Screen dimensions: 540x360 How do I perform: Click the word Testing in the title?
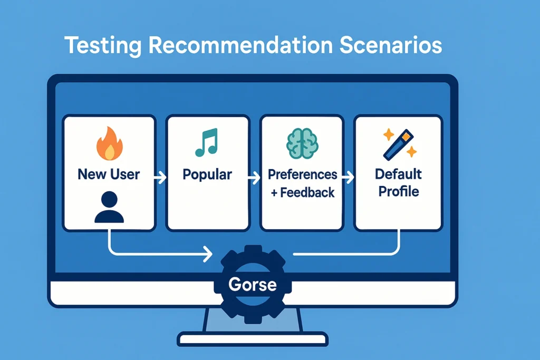103,45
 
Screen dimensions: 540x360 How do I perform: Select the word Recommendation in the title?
240,45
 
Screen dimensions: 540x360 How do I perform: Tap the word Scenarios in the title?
391,45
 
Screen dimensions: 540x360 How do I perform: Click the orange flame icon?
110,143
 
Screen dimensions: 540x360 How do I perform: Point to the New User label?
109,174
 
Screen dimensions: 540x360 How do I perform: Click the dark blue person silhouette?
109,207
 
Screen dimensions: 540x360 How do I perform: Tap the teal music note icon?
207,142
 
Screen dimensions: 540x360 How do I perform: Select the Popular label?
207,175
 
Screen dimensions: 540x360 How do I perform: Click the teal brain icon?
302,143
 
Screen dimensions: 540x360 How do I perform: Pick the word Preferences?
302,174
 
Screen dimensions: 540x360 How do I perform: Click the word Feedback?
307,192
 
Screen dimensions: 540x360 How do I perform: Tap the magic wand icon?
400,144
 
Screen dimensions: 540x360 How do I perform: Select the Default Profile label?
399,183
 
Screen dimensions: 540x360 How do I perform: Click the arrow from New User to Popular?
160,178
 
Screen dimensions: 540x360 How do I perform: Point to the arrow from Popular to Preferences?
254,178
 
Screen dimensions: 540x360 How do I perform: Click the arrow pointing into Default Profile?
348,178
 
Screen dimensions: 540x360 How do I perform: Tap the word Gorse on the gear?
253,284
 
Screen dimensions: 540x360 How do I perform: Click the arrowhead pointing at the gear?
208,255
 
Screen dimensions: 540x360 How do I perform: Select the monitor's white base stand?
253,339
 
